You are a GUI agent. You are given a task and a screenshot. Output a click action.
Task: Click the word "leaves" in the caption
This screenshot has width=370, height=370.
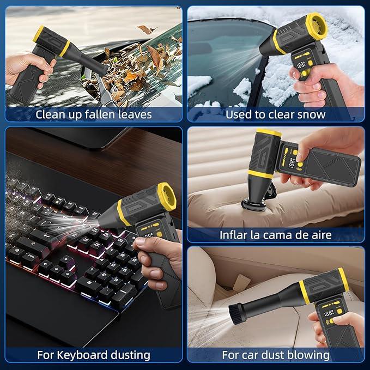tap(135, 114)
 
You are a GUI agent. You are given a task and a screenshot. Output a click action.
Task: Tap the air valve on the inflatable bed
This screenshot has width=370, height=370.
tap(253, 205)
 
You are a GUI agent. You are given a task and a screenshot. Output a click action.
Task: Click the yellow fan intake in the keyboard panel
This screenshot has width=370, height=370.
tap(167, 197)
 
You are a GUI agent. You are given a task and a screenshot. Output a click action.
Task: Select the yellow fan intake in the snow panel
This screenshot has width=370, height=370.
tap(317, 26)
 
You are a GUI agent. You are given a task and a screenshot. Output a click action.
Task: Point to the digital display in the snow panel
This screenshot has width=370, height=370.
tap(301, 65)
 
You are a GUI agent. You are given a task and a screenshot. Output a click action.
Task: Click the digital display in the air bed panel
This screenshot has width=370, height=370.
tap(292, 163)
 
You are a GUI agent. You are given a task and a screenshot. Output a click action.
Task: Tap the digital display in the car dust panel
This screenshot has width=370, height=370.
tap(329, 313)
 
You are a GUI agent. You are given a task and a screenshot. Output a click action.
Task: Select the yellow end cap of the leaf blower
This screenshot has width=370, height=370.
tap(39, 34)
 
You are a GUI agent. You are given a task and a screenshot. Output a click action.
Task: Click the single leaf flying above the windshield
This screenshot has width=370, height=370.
tap(147, 29)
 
